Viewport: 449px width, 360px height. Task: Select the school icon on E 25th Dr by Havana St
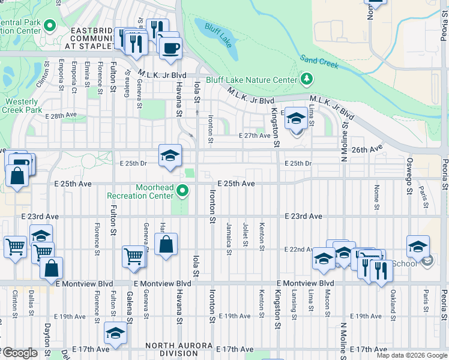tap(170, 155)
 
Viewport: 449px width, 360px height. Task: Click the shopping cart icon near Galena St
tap(134, 256)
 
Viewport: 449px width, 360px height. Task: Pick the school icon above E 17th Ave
tap(115, 333)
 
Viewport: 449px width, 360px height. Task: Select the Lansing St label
tap(294, 306)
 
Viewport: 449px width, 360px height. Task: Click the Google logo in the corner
tap(20, 353)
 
